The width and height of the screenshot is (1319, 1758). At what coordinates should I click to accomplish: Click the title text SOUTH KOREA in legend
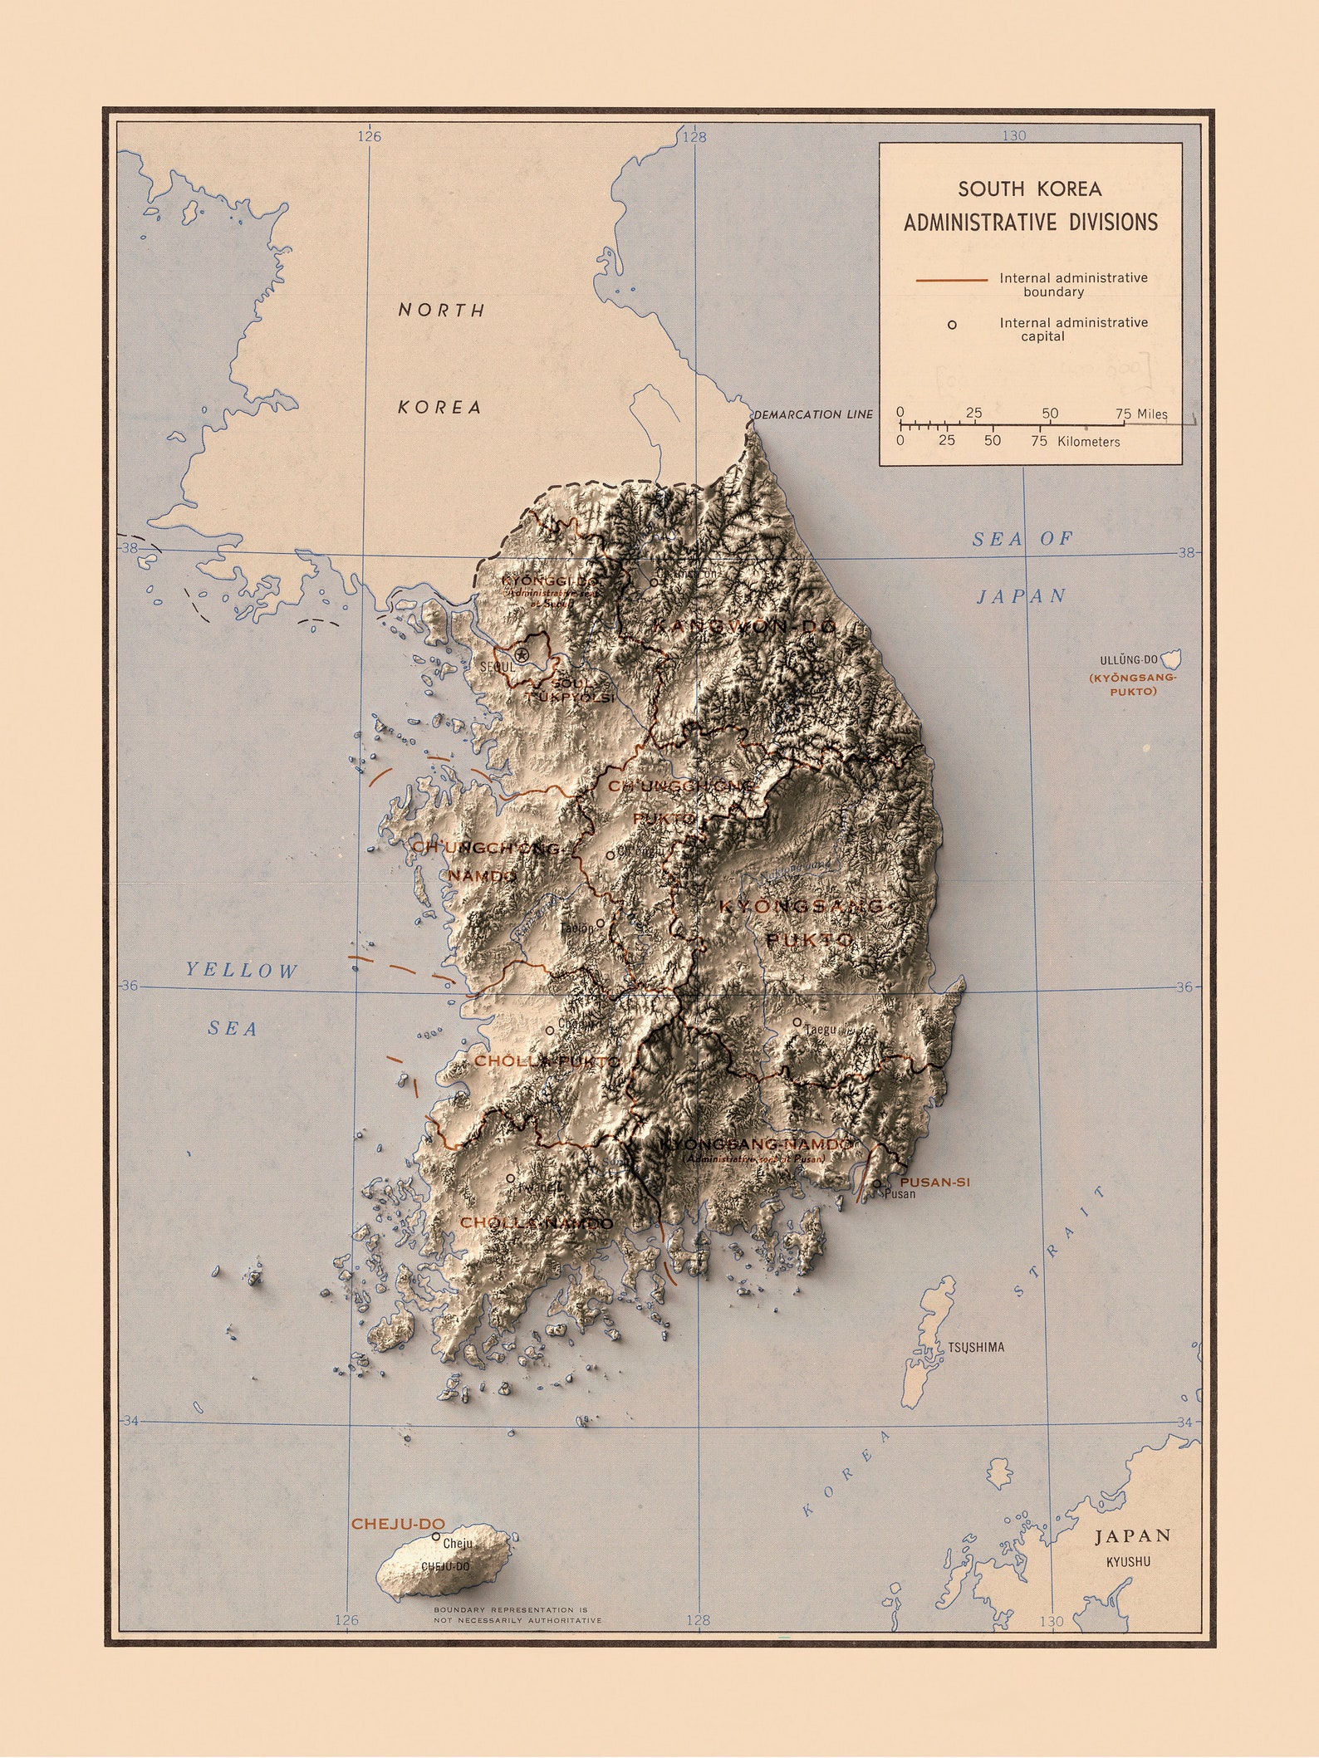click(x=1030, y=189)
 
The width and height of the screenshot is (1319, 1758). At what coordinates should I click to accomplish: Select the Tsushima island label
click(x=976, y=1347)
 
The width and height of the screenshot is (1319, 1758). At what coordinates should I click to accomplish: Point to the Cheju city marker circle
click(x=436, y=1537)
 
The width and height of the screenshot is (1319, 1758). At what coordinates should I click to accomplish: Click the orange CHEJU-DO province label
click(x=398, y=1525)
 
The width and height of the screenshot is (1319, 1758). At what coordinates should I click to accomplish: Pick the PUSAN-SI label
click(x=934, y=1183)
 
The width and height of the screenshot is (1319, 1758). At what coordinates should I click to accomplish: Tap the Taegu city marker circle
click(x=797, y=1022)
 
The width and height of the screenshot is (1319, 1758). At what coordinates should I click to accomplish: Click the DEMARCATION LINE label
click(x=813, y=414)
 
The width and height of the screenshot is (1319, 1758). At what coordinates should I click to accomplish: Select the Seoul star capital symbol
click(x=522, y=655)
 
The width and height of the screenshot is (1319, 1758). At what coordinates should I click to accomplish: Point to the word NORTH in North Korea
click(x=442, y=311)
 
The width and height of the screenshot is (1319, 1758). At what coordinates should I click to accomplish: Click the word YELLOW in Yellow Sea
click(x=241, y=971)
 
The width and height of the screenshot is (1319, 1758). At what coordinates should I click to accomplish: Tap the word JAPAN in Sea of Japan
click(x=1021, y=596)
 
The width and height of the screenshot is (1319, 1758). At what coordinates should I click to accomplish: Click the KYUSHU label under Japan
click(x=1128, y=1561)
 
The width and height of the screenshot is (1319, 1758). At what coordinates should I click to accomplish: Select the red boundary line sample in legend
click(x=951, y=281)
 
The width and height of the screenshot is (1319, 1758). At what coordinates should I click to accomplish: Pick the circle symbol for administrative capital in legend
click(x=952, y=325)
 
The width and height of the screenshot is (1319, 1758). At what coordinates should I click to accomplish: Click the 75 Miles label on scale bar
click(x=1141, y=414)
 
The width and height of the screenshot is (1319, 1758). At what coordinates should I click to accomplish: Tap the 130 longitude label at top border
click(x=1014, y=135)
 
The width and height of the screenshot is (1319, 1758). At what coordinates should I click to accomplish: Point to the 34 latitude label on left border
click(x=130, y=1421)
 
